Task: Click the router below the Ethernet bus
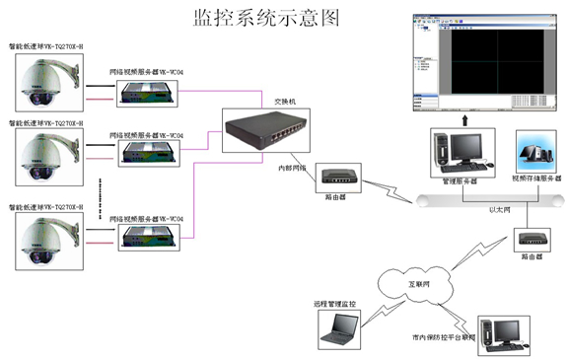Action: (532, 238)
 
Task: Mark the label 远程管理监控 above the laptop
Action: (337, 303)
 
